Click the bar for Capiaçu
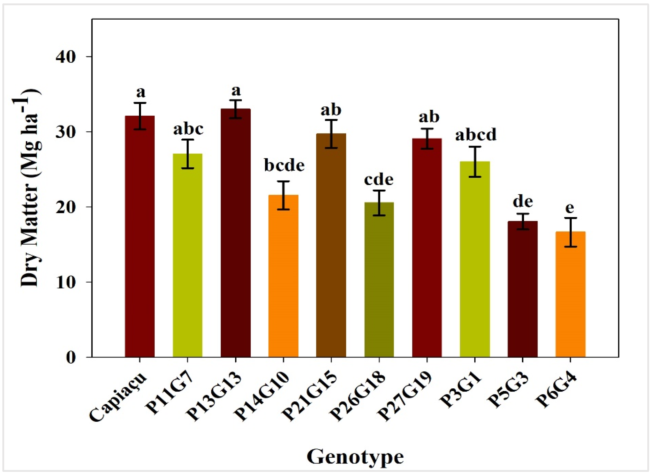pos(140,236)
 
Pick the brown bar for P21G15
pos(331,245)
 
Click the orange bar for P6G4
pos(570,294)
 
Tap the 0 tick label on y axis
pos(71,357)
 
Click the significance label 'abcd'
pos(476,134)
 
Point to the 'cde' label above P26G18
pos(379,180)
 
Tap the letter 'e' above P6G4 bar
pos(570,207)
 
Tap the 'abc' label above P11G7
pos(188,129)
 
